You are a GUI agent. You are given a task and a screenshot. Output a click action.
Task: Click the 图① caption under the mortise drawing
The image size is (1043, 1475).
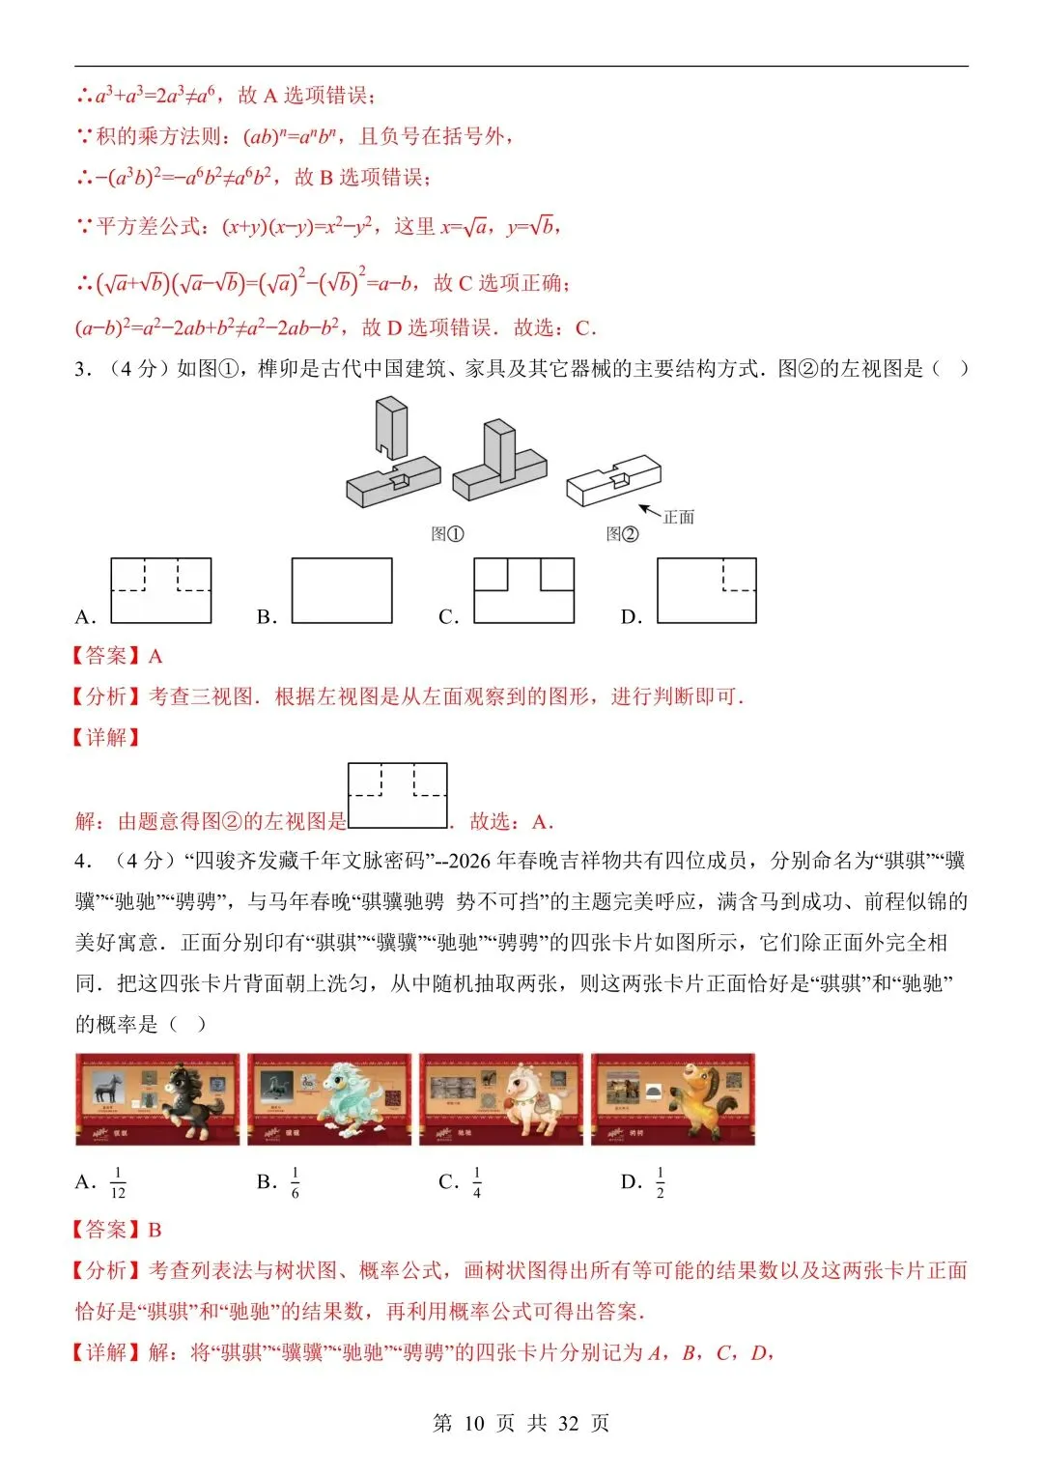447,533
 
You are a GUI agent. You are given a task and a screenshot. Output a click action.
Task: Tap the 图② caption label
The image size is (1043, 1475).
622,533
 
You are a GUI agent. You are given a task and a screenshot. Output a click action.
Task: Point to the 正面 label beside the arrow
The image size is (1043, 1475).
679,517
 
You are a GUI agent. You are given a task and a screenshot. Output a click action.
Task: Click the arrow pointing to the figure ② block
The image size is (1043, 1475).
649,511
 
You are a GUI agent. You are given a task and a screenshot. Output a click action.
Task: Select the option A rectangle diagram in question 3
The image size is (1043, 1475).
161,590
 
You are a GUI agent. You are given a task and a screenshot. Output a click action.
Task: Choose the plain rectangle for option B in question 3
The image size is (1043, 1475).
342,590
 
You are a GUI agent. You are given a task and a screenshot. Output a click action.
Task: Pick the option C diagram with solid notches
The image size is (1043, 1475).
523,590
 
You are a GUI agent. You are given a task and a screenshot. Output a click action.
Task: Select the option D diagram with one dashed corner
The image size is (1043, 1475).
706,590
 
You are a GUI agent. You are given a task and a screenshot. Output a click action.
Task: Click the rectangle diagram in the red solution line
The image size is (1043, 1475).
398,795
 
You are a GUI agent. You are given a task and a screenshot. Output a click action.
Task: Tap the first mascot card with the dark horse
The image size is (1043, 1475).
157,1099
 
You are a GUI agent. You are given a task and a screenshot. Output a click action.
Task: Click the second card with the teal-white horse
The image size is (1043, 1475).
329,1099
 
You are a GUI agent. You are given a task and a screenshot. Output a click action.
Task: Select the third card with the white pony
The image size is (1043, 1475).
501,1099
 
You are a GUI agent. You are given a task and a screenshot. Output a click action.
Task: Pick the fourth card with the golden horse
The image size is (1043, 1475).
673,1099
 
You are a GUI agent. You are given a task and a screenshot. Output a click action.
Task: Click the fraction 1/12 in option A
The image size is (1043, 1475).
118,1182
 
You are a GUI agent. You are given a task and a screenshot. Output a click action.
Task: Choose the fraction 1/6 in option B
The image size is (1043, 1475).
296,1182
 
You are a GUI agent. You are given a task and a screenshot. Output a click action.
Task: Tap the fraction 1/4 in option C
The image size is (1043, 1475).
477,1182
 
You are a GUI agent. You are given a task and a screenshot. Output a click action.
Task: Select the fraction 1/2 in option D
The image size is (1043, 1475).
661,1182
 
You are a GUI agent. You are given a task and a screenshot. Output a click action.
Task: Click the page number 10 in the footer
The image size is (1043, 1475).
473,1423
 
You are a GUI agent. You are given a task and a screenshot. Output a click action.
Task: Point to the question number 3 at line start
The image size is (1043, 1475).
81,369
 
